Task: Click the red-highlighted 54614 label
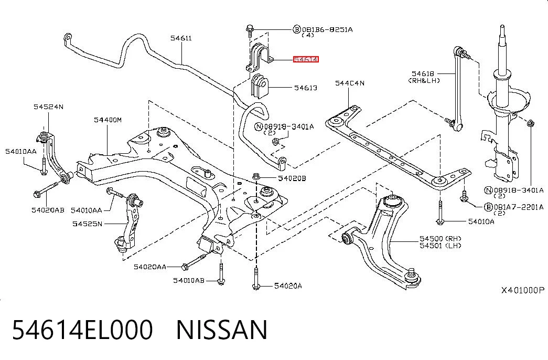tap(306, 59)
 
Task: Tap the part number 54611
tap(181, 38)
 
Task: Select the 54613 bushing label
tap(306, 88)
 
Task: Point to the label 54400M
tap(108, 120)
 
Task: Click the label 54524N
tap(49, 107)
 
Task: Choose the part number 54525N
tap(88, 224)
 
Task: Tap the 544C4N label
tap(350, 83)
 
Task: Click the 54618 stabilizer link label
tap(423, 74)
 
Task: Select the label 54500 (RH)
tap(440, 239)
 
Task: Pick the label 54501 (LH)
tap(440, 246)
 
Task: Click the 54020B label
tap(292, 178)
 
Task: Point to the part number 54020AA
tap(150, 267)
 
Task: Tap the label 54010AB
tap(189, 281)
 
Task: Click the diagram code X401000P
tap(523, 290)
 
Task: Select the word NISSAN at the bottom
tap(222, 330)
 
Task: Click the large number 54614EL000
tap(82, 330)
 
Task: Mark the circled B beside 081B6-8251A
tap(297, 29)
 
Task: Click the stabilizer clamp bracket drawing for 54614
tap(260, 57)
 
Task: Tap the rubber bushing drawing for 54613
tap(259, 86)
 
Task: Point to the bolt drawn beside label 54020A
tap(256, 279)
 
